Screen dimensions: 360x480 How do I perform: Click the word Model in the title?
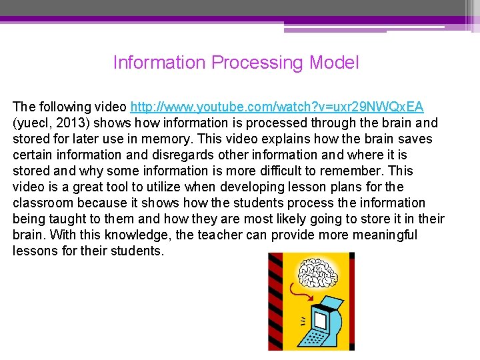coord(334,63)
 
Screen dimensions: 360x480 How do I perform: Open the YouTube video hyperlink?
coord(277,107)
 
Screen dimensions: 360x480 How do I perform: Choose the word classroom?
coord(43,203)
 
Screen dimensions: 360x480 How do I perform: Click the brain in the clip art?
coord(319,273)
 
